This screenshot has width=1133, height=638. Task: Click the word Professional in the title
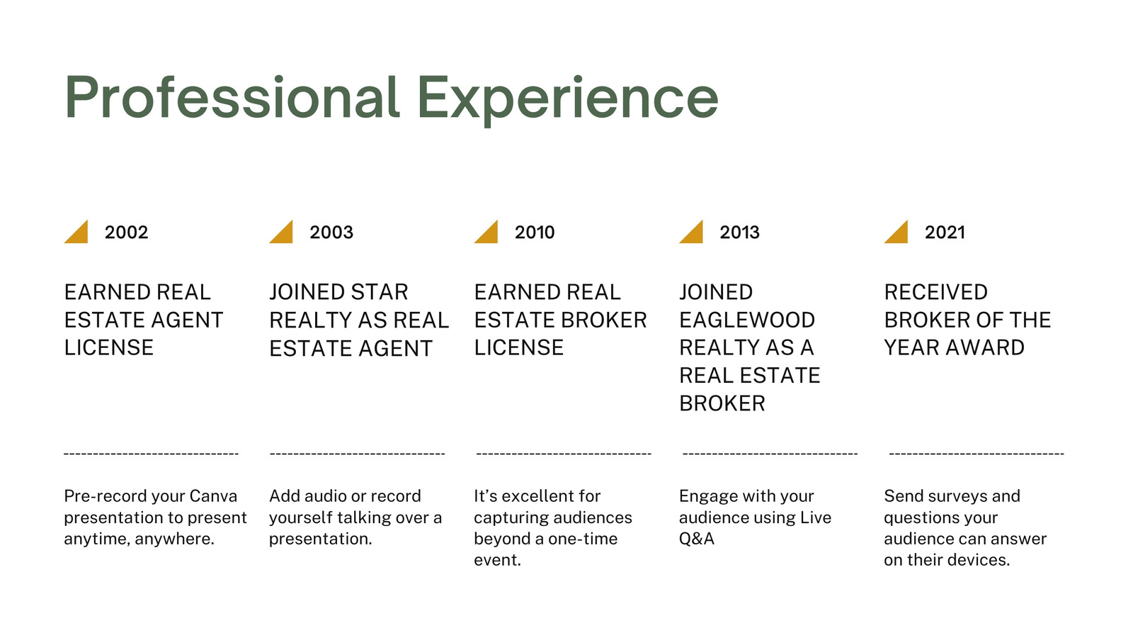click(232, 97)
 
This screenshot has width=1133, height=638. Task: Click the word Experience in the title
click(568, 100)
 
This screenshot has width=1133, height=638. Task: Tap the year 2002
click(127, 233)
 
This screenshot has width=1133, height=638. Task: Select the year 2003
click(331, 233)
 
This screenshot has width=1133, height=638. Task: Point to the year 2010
click(535, 233)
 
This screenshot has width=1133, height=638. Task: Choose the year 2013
click(739, 233)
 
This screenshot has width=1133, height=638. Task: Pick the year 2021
click(945, 233)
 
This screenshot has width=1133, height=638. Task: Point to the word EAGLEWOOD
click(747, 320)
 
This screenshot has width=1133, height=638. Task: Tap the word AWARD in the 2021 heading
click(985, 348)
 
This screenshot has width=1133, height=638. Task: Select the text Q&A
click(697, 539)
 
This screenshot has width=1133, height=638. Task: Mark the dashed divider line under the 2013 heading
click(770, 454)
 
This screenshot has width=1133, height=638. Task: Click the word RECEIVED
click(935, 292)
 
